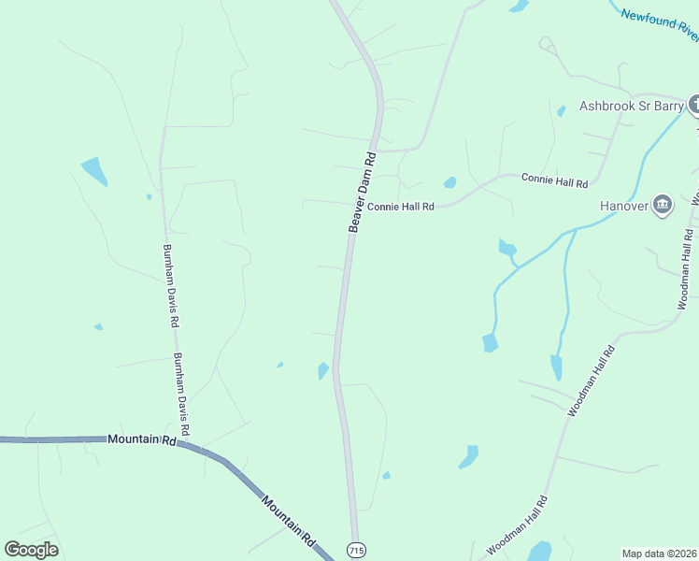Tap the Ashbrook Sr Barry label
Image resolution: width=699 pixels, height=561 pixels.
coord(632,106)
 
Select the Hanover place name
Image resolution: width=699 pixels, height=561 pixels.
coord(624,206)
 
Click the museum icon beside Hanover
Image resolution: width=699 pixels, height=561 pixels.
coord(663,205)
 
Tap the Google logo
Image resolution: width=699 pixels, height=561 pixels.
coord(32,550)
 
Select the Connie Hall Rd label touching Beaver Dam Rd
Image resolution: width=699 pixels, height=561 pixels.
coord(401,207)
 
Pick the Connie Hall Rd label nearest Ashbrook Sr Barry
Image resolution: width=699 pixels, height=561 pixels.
coord(554,178)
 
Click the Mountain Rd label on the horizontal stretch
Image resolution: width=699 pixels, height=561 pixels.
coord(142,439)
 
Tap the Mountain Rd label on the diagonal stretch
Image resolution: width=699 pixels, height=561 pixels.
coord(288,521)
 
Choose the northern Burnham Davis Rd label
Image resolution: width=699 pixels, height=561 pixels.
coord(170,285)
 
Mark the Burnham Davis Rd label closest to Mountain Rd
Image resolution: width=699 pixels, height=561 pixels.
coord(181,395)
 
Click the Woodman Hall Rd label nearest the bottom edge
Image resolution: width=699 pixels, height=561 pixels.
coord(517,526)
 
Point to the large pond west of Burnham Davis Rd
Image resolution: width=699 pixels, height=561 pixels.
coord(94,170)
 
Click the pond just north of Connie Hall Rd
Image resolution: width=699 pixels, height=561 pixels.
coord(449,182)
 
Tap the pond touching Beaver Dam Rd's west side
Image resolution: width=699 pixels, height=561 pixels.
coord(323,371)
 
